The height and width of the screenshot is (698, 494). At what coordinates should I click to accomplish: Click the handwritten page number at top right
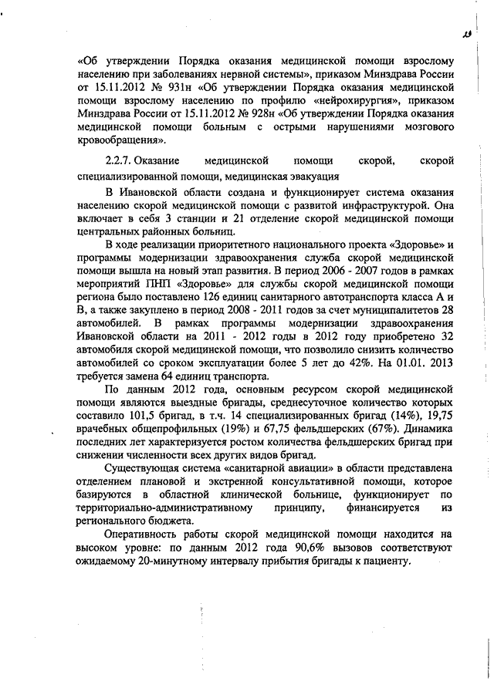tap(465, 33)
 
